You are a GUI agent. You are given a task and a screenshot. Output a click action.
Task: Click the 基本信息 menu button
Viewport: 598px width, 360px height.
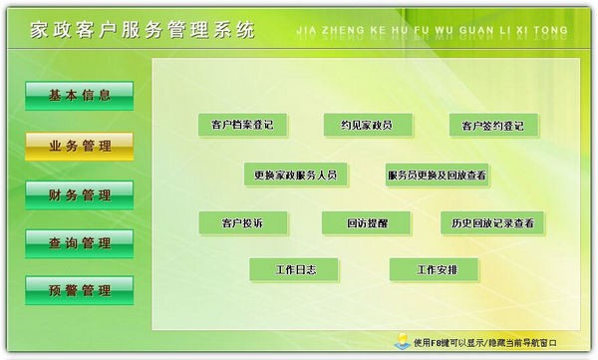(79, 96)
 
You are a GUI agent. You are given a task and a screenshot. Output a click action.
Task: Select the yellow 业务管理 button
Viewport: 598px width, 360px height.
(79, 146)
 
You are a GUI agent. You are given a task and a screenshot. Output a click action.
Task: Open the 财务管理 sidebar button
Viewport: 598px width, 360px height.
(79, 194)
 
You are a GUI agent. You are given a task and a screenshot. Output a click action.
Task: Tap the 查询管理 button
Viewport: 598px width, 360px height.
(79, 242)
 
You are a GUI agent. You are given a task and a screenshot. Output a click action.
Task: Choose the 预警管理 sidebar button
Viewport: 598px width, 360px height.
(79, 290)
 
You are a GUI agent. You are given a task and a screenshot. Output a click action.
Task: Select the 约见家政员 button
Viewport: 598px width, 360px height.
(367, 126)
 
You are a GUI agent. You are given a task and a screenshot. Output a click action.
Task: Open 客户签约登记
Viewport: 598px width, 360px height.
(492, 127)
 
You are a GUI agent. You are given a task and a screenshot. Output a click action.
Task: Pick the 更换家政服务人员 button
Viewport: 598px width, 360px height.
(295, 176)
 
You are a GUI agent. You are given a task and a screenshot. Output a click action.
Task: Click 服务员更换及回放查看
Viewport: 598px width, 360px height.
(437, 176)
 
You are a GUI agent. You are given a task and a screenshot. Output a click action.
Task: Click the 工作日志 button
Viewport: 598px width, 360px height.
(294, 269)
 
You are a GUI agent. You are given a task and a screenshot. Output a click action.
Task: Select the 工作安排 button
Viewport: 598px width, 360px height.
(434, 269)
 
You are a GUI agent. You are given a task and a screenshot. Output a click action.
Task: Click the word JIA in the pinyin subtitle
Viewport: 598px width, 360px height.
(308, 31)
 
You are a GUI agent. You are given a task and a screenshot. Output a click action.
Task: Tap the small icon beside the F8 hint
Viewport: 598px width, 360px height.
(400, 341)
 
